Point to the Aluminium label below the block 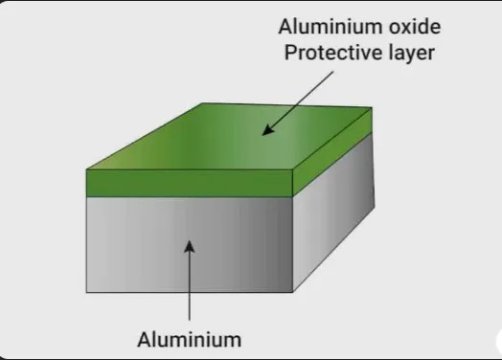[190, 338]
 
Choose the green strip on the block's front [187, 182]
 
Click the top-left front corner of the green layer [87, 170]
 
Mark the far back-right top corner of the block [371, 107]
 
